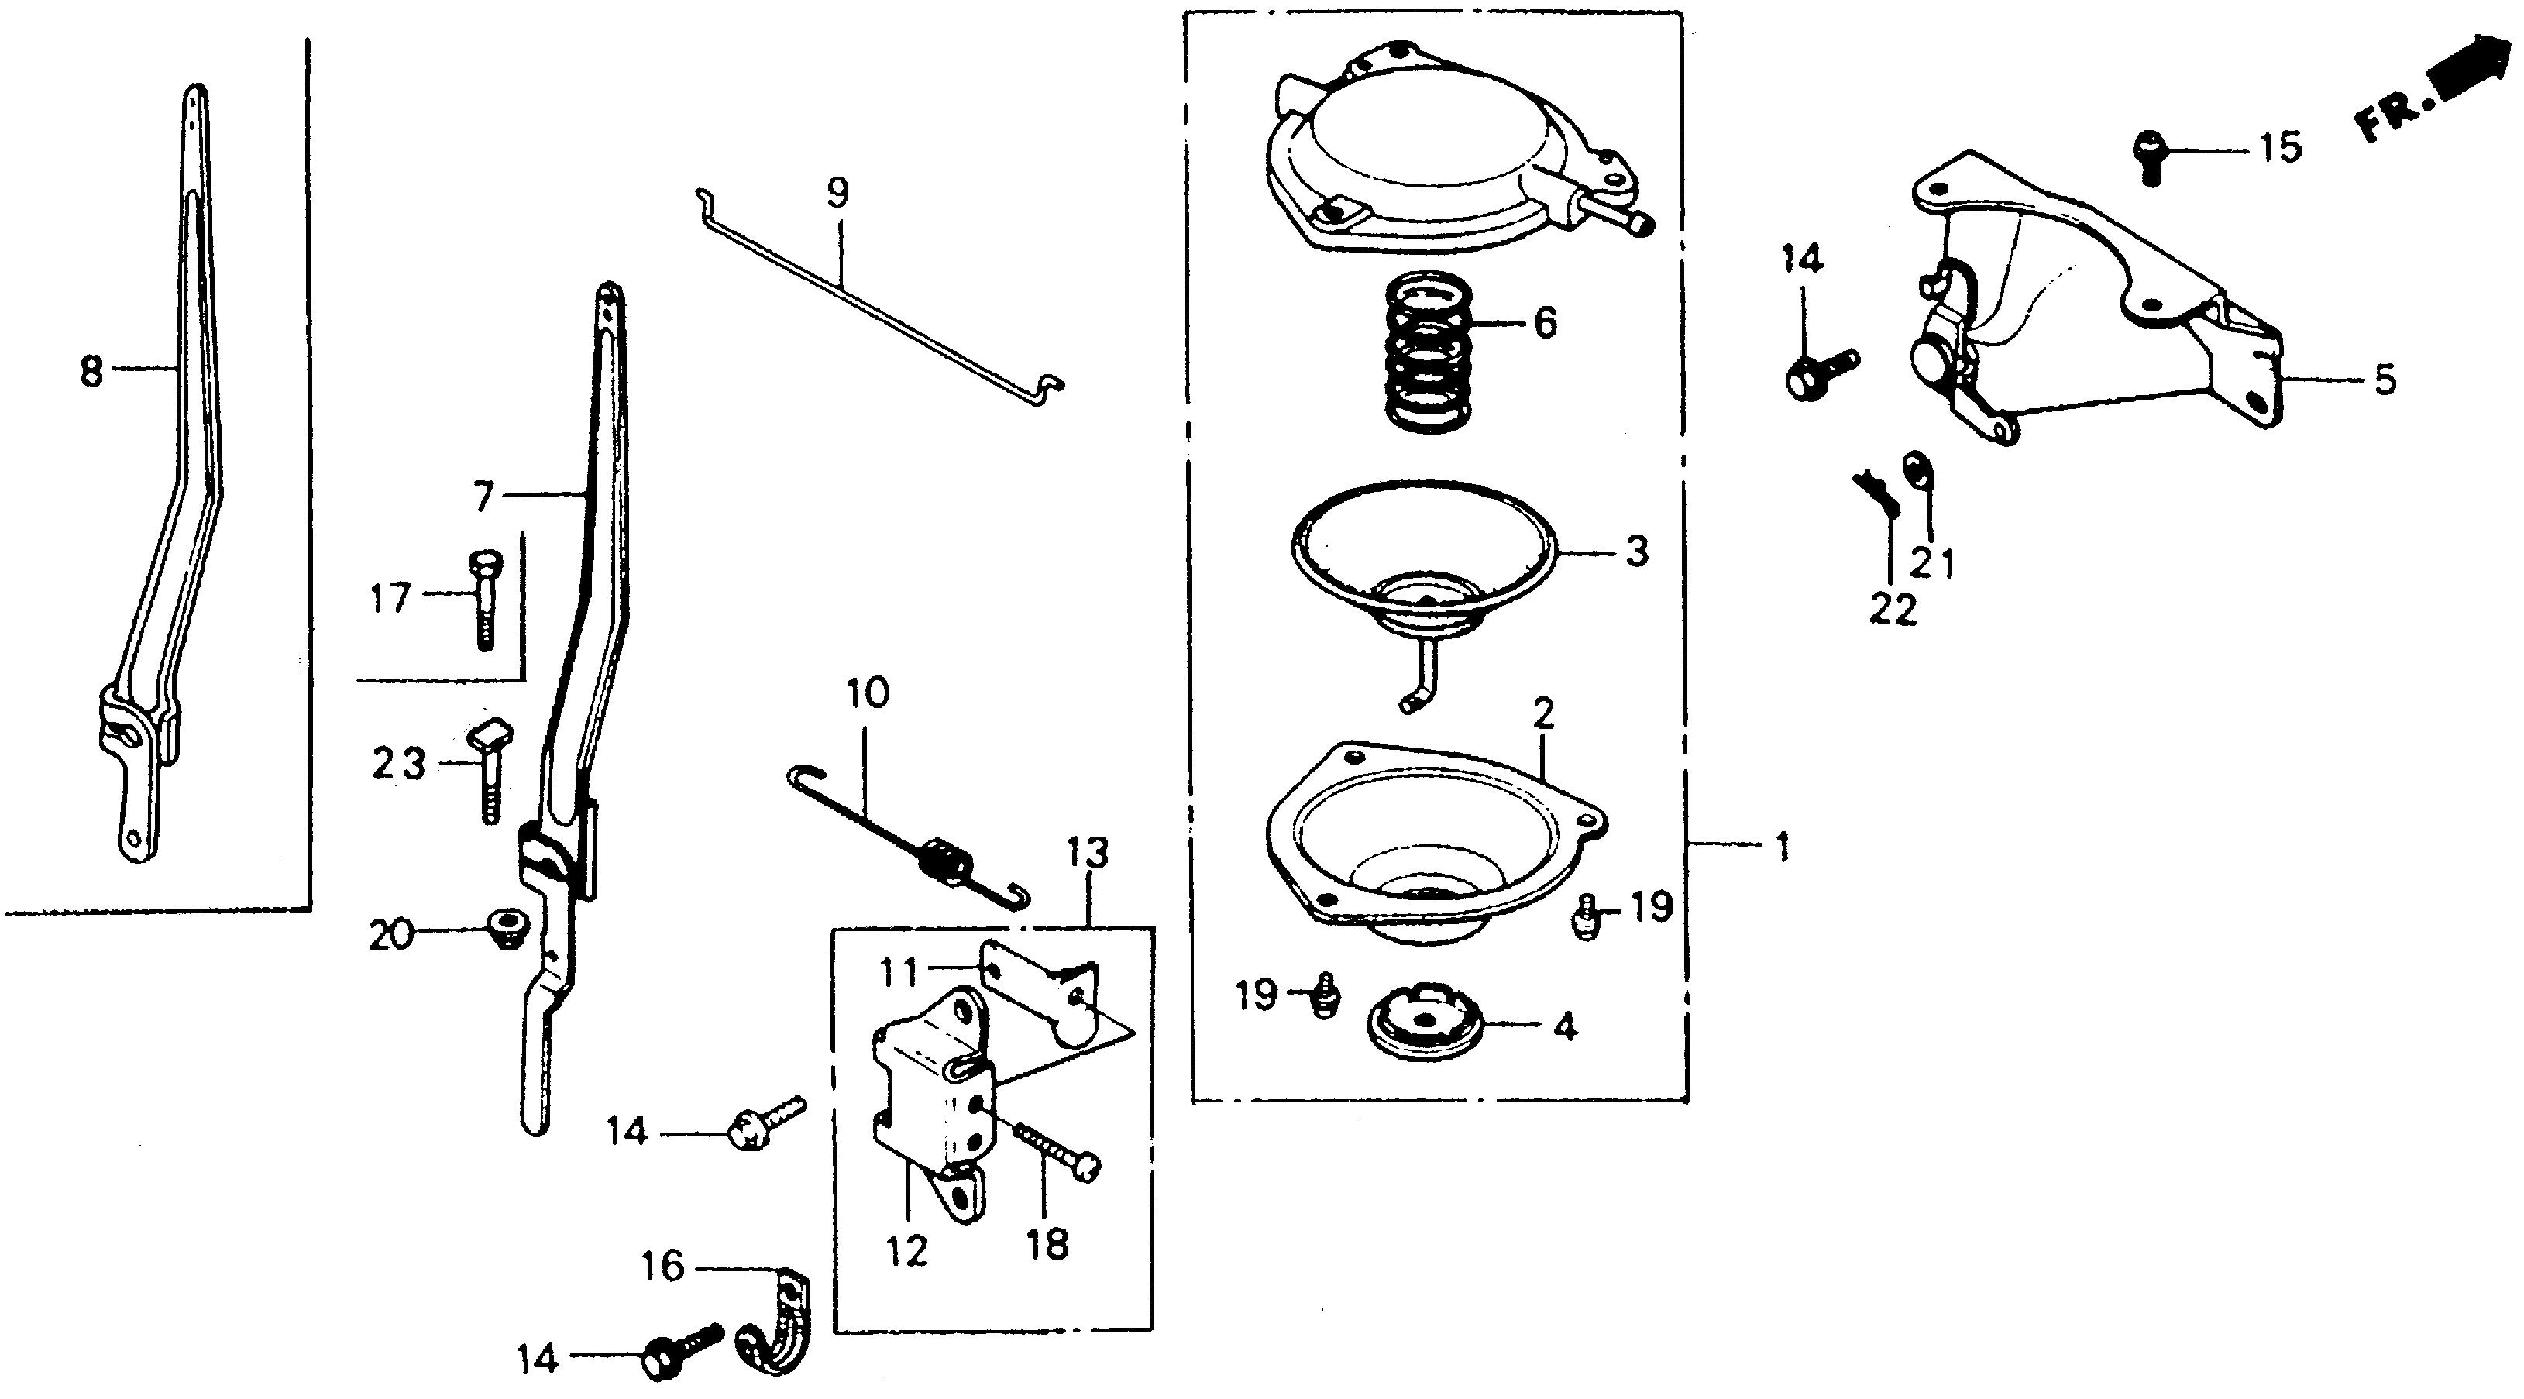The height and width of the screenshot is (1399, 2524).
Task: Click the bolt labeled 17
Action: pos(483,596)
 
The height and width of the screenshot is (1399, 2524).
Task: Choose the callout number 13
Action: pos(1088,854)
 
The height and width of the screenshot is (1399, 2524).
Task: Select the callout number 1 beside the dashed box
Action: pos(1783,847)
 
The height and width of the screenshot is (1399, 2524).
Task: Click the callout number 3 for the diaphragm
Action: pos(1636,552)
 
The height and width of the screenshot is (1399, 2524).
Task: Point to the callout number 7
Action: pos(482,497)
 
